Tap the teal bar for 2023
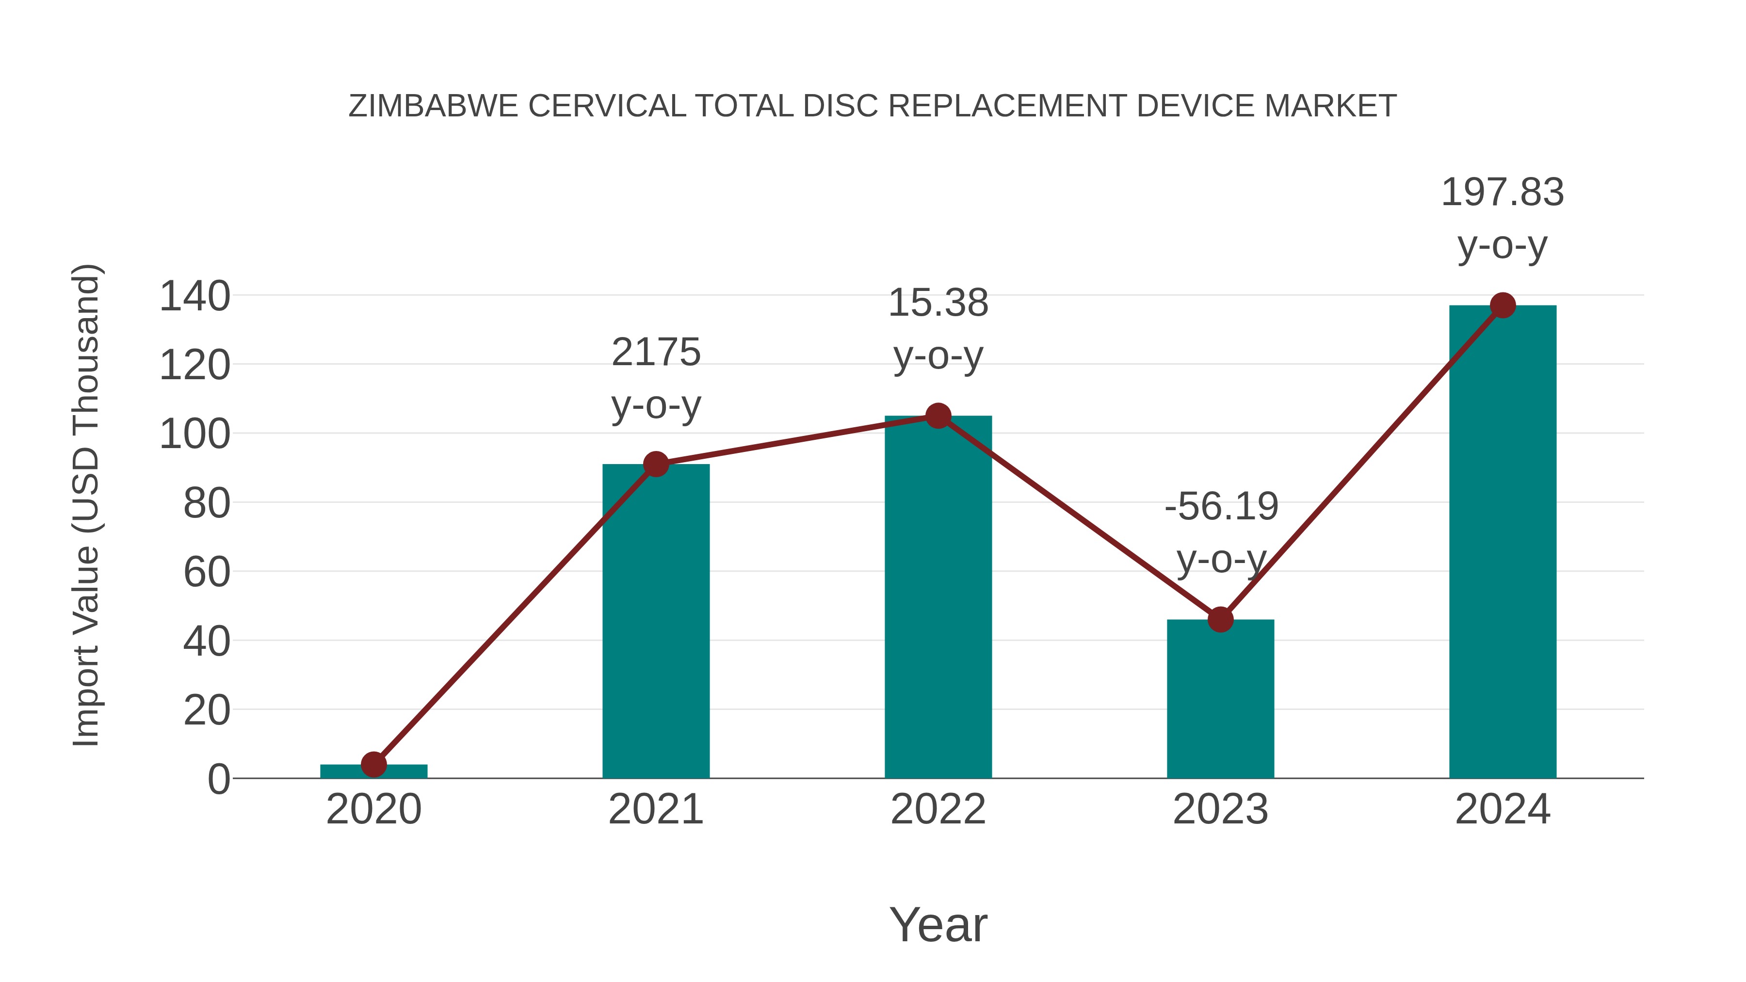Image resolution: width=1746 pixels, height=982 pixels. click(x=1220, y=705)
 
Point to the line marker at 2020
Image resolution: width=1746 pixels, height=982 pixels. click(x=373, y=764)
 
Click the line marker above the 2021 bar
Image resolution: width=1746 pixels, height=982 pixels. click(x=655, y=464)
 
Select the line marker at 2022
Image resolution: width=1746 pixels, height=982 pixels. click(x=938, y=416)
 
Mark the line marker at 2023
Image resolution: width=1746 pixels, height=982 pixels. click(x=1220, y=619)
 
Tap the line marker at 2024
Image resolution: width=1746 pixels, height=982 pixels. click(x=1503, y=305)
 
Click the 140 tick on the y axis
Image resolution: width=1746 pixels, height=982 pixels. click(x=194, y=297)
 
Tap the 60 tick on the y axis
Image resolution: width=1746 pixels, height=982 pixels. click(x=207, y=573)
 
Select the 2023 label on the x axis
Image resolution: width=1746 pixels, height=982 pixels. click(x=1220, y=809)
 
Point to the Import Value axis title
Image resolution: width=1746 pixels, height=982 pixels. click(x=87, y=505)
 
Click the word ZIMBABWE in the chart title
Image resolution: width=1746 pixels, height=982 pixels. click(x=433, y=106)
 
